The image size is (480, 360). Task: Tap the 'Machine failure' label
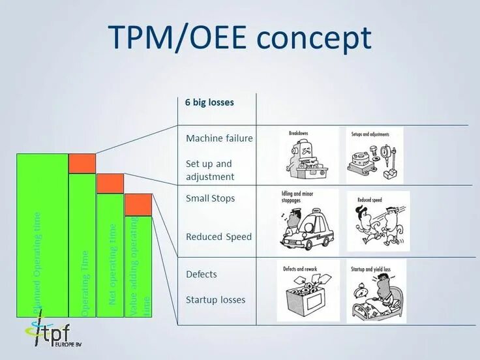pyautogui.click(x=219, y=138)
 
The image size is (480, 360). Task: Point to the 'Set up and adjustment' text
pyautogui.click(x=209, y=170)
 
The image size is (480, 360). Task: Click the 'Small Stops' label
pyautogui.click(x=210, y=198)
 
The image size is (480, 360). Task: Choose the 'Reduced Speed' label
pyautogui.click(x=218, y=237)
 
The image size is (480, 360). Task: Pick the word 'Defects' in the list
pyautogui.click(x=201, y=274)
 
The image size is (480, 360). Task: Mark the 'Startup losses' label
pyautogui.click(x=215, y=300)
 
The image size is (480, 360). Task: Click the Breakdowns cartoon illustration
pyautogui.click(x=307, y=155)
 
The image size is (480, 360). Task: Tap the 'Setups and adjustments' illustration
pyautogui.click(x=374, y=155)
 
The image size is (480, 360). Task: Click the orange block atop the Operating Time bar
pyautogui.click(x=82, y=163)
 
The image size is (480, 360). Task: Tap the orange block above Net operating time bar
pyautogui.click(x=110, y=183)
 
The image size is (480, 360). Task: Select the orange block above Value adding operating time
pyautogui.click(x=138, y=205)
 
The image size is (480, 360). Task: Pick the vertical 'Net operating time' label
pyautogui.click(x=113, y=264)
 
